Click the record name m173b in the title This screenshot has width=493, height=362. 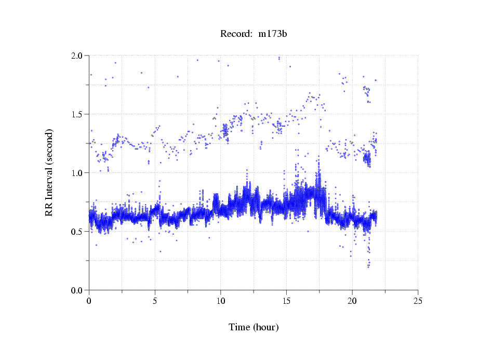273,34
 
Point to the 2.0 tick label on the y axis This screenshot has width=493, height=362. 79,56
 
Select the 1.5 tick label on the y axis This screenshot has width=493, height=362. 79,114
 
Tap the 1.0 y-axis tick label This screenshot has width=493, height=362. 79,173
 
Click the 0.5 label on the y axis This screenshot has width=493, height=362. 79,232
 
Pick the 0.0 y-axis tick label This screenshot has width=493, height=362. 79,290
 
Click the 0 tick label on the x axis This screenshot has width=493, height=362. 89,301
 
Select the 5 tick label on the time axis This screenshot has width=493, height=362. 155,301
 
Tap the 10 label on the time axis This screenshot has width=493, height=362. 221,301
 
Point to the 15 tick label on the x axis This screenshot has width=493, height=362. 286,301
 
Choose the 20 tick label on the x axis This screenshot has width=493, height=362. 352,301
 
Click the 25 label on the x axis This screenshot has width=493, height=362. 418,301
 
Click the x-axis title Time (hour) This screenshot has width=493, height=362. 254,327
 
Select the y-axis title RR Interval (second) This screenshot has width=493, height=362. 49,172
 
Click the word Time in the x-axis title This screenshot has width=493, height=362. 239,327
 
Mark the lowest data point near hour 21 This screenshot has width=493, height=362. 368,266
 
